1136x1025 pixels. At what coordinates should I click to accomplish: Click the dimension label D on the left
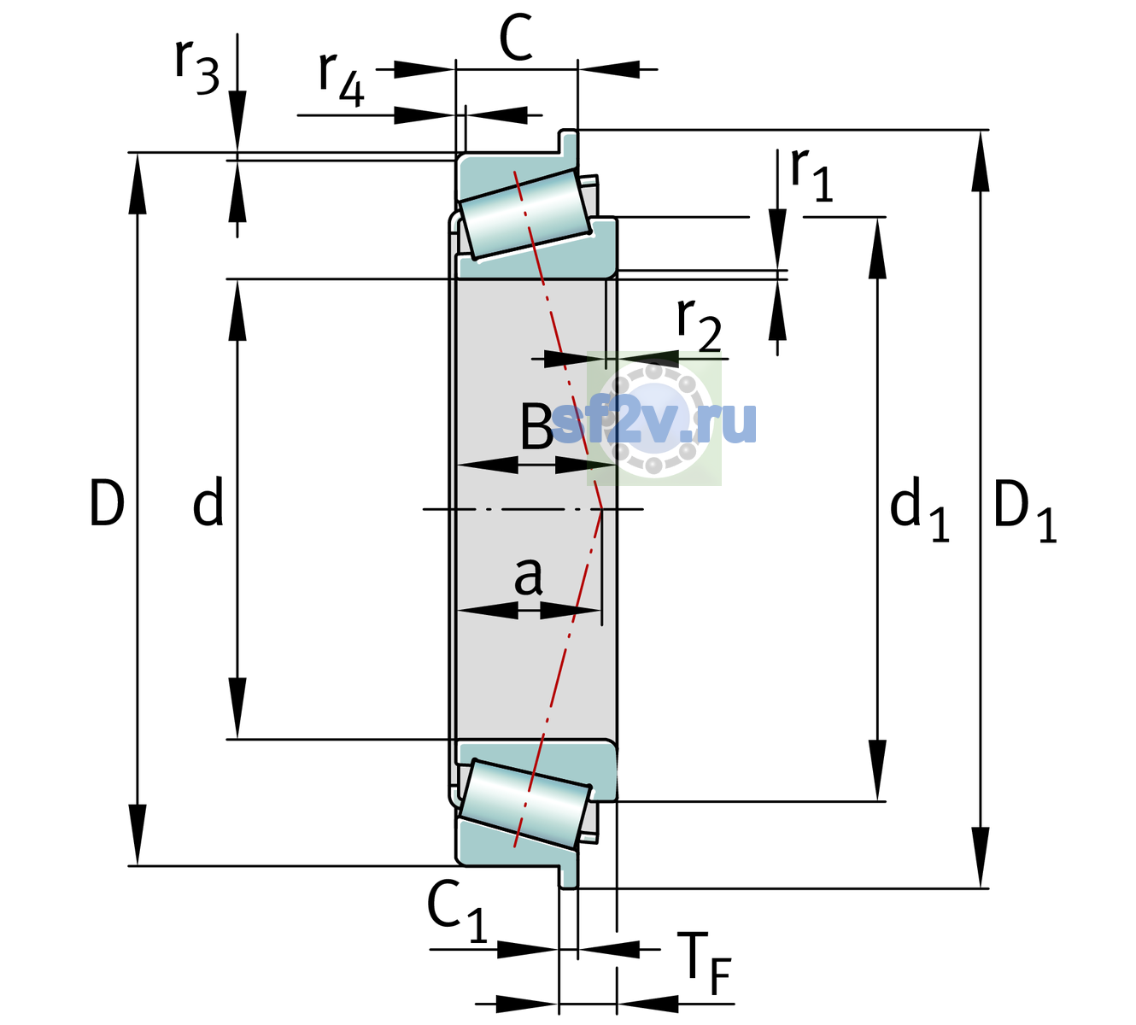click(x=107, y=503)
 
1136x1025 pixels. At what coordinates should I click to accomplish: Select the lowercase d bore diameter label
click(x=208, y=501)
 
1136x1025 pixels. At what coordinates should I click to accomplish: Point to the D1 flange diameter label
click(x=1025, y=510)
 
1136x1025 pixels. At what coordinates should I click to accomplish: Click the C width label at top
click(x=516, y=38)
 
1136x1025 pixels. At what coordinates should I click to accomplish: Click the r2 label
click(x=700, y=325)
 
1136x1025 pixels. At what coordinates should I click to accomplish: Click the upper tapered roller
click(x=525, y=214)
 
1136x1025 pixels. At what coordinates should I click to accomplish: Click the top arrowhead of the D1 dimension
click(x=981, y=161)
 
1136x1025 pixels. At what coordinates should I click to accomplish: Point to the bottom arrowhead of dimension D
click(x=137, y=835)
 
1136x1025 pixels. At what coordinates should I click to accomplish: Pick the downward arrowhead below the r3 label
click(x=237, y=120)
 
